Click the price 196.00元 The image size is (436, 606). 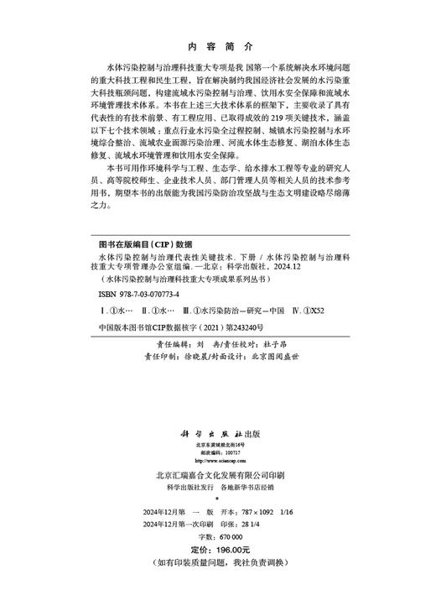(234, 549)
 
